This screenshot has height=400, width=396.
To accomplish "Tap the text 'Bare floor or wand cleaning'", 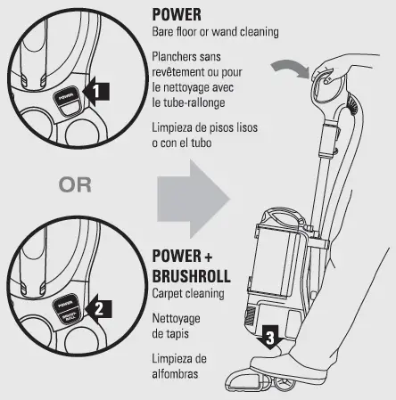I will pyautogui.click(x=215, y=32).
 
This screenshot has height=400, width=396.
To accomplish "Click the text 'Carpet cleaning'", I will pyautogui.click(x=190, y=290).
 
